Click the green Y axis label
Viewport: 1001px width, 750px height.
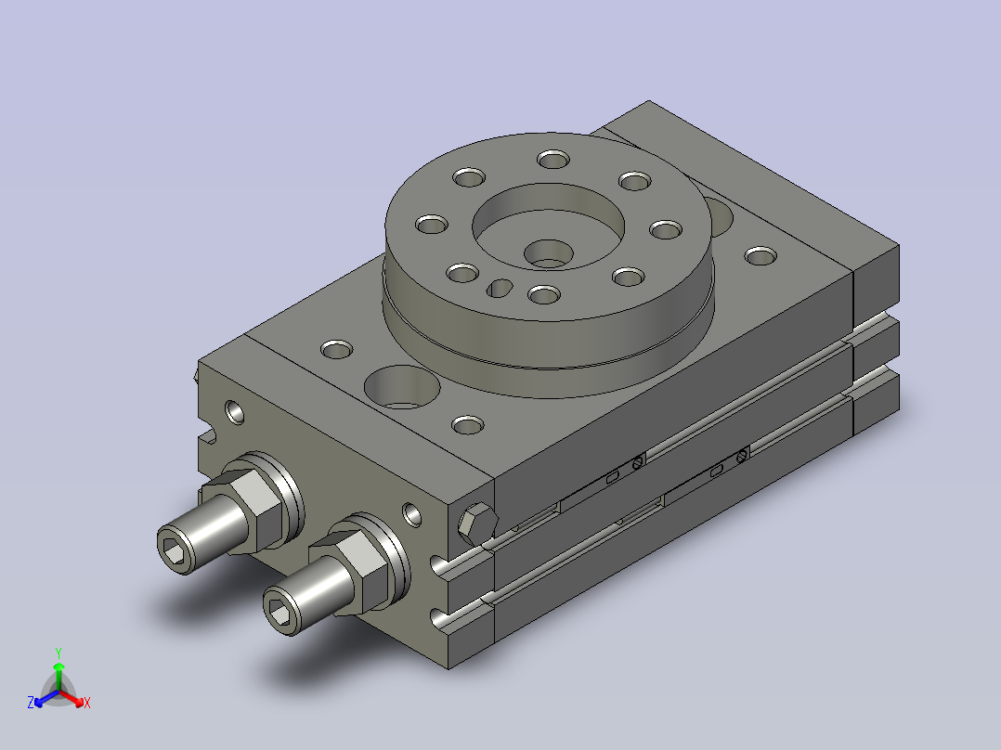tap(58, 653)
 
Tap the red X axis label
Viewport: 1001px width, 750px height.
tap(87, 703)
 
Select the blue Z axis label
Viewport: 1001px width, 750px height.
tap(31, 703)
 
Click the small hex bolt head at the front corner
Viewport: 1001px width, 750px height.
tap(477, 524)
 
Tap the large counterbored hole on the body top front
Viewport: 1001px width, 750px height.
tap(402, 387)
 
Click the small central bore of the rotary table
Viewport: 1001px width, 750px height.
tap(549, 253)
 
